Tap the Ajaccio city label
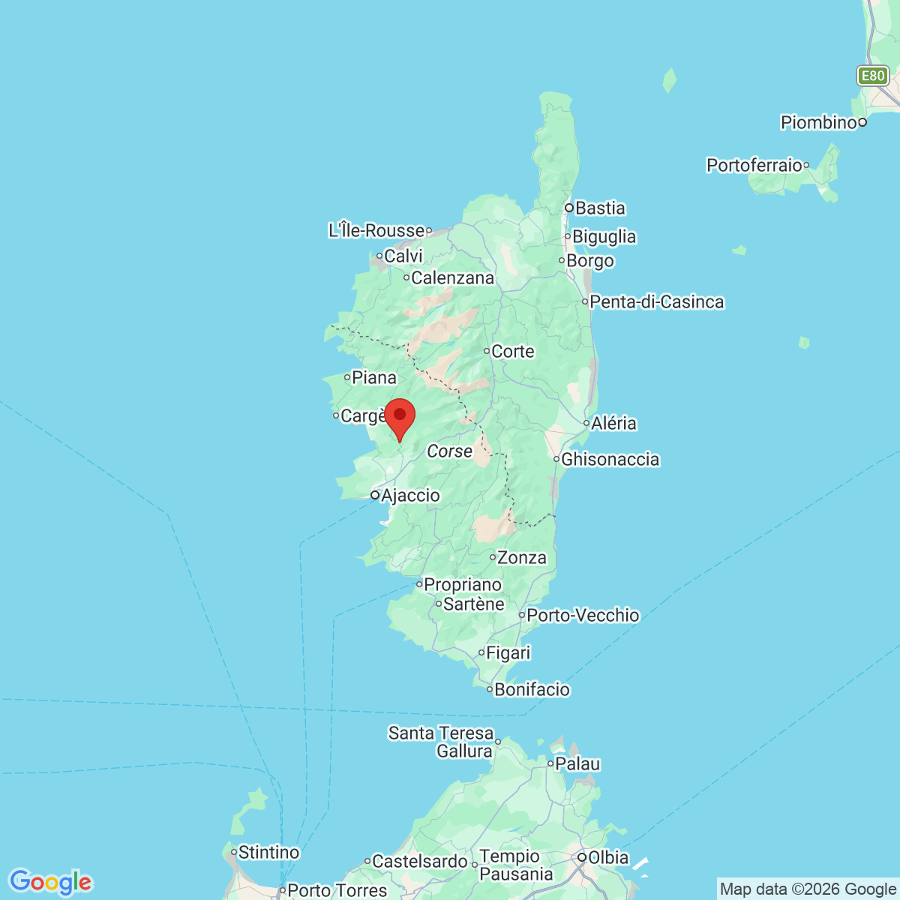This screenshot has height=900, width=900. pos(410,496)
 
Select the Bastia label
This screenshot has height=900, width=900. pos(600,208)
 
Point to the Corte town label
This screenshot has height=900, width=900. pos(513,352)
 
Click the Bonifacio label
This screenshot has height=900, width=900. pos(532,690)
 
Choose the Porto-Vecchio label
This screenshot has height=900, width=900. pos(583,616)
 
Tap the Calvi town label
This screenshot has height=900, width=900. pos(403,256)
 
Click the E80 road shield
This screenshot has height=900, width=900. pos(872,76)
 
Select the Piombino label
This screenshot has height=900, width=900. pos(818,122)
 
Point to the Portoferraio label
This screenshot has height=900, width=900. pos(754,165)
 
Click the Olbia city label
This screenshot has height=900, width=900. pos(608,857)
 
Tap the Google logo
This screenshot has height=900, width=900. pos(50,882)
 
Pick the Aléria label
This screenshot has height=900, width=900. pos(613,424)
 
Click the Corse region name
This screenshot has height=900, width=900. pos(450,451)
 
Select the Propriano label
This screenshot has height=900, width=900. pos(463,585)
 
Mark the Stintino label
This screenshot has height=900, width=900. pos(268,853)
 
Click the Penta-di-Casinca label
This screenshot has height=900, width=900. pos(657,302)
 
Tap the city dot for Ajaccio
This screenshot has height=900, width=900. pos(375,495)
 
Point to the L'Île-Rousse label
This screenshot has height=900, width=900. pos(376,231)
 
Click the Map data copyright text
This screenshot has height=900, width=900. pos(808,889)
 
